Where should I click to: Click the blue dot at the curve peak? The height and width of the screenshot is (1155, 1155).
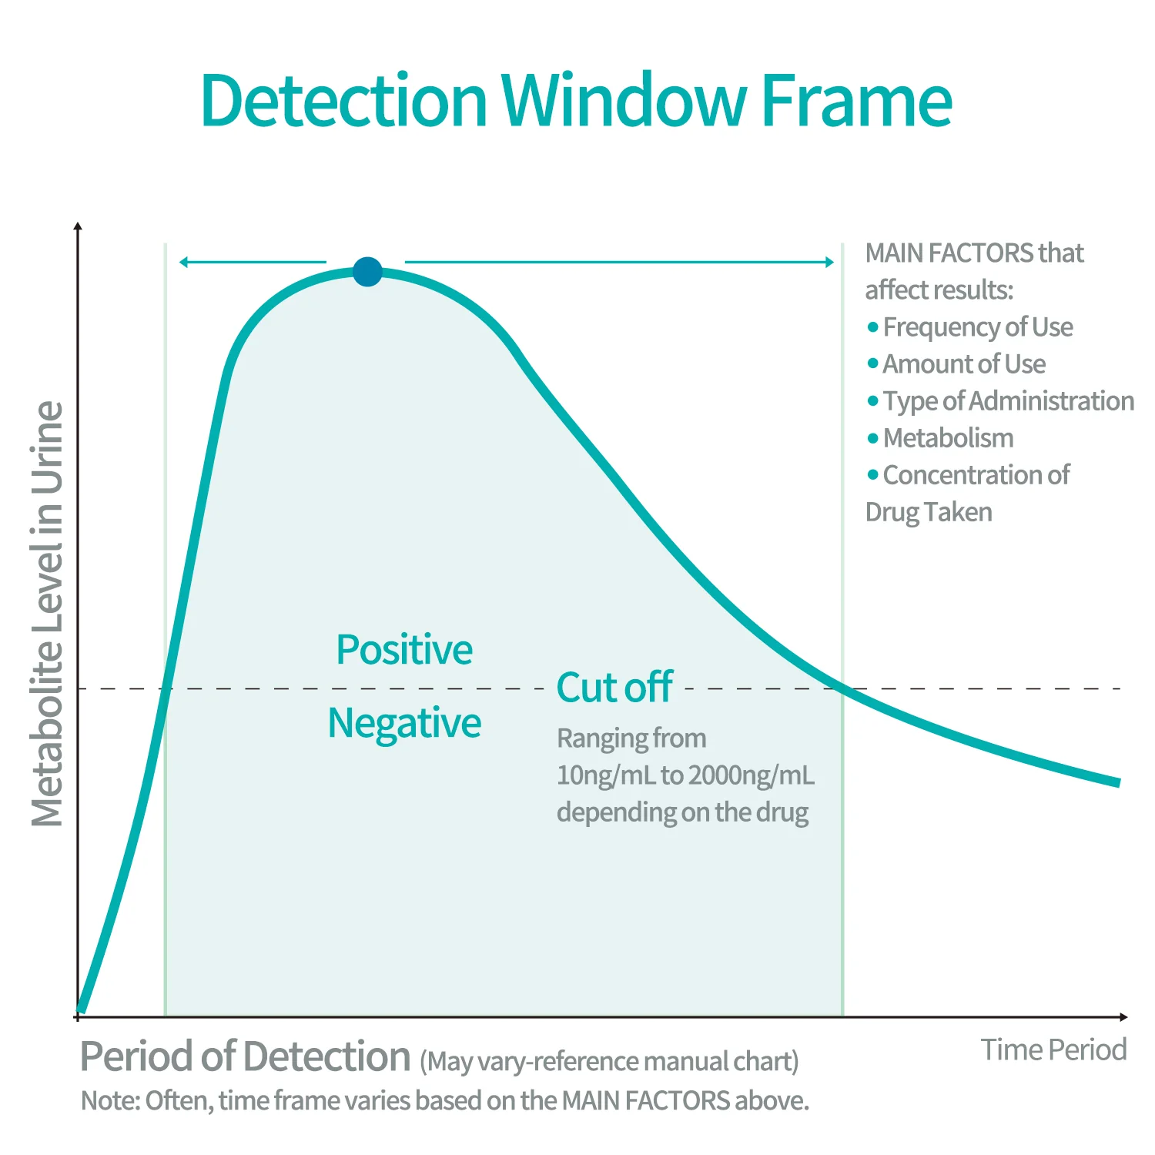point(367,271)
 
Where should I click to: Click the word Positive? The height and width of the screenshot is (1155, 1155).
point(404,649)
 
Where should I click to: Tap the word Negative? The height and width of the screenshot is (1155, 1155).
point(404,723)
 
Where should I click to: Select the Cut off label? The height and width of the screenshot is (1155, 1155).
point(614,687)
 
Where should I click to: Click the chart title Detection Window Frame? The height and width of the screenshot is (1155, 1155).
point(576,100)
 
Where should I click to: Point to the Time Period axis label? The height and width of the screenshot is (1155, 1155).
point(1053,1050)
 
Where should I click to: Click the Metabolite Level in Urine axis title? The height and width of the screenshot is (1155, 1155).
point(47,614)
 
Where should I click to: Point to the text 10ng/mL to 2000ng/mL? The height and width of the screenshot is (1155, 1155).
point(685,775)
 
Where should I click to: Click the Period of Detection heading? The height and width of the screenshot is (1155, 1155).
point(245,1056)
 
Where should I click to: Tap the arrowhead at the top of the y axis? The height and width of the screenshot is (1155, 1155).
point(78,226)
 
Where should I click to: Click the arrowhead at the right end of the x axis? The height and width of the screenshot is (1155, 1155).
point(1123,1017)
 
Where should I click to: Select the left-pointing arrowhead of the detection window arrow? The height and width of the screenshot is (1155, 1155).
point(183,262)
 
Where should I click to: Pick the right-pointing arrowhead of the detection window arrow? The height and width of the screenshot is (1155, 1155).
point(829,262)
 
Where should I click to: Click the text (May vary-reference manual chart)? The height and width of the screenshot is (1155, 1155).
point(609,1062)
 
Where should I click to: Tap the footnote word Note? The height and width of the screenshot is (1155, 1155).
point(110,1101)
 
